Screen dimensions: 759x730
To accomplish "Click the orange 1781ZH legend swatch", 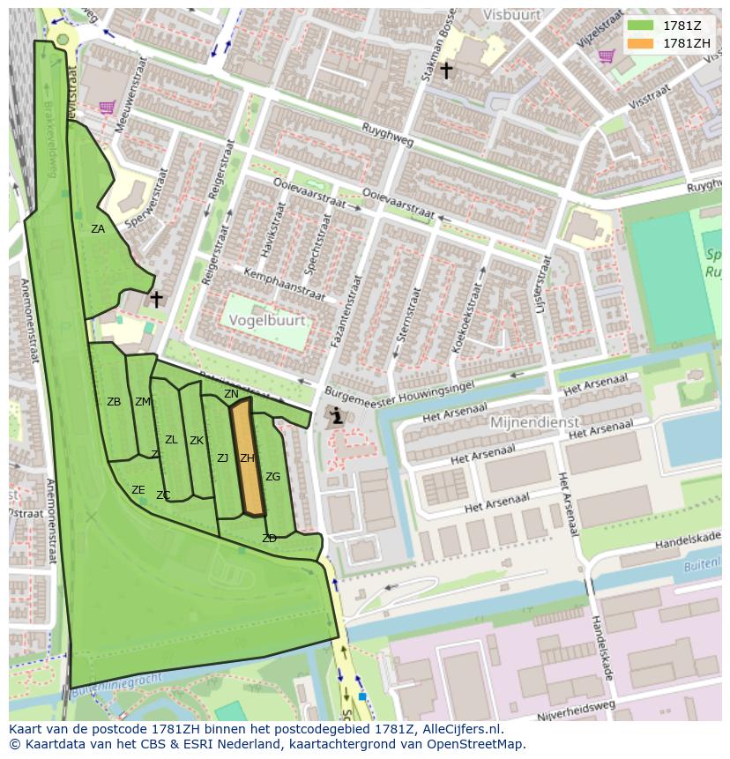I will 640,43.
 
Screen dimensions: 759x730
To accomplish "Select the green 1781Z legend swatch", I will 640,25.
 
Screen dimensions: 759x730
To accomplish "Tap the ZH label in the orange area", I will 247,458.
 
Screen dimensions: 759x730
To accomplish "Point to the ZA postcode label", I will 98,229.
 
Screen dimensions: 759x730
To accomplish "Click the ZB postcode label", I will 114,402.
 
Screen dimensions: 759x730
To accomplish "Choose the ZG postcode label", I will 273,477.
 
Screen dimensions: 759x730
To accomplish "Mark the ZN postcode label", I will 231,394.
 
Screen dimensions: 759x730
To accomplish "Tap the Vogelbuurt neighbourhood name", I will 266,322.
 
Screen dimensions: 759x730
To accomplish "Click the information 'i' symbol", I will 336,417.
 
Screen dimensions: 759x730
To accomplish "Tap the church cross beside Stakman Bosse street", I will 446,71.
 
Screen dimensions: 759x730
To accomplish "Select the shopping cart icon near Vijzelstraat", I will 606,56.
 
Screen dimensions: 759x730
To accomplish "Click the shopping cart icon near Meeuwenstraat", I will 107,108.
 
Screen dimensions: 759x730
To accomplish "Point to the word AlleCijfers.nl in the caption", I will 459,729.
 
